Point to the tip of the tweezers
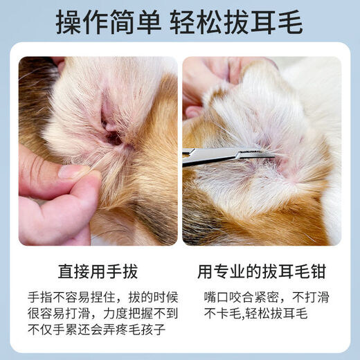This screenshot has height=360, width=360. click(273, 154)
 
